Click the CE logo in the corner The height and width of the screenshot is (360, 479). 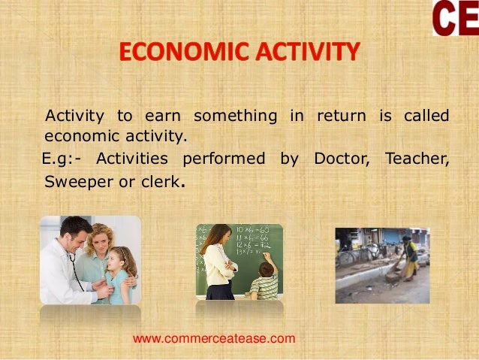[x=456, y=18]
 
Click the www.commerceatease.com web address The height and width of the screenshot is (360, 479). [x=214, y=339]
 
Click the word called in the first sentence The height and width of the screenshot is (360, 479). [x=426, y=116]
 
